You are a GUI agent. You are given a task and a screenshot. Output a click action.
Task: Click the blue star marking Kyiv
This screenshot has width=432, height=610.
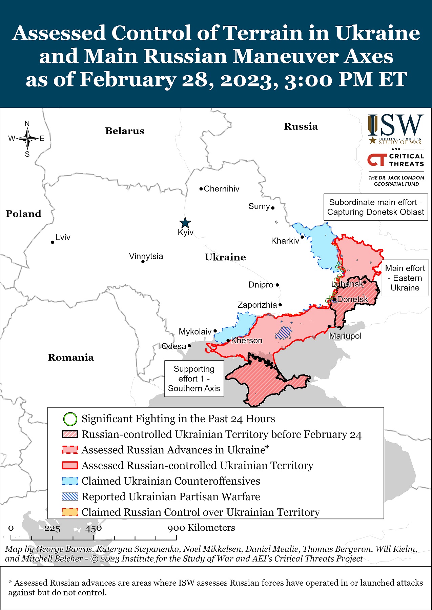click(185, 223)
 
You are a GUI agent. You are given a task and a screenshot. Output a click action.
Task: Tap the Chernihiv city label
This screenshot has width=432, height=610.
click(221, 189)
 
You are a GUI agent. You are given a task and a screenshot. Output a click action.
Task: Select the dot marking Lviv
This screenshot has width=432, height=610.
click(53, 242)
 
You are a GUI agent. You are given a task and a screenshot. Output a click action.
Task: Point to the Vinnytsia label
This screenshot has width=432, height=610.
click(146, 256)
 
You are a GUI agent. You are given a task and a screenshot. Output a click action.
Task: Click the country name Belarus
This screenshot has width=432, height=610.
click(125, 131)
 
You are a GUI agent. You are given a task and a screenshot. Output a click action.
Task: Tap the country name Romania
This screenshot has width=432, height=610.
click(71, 358)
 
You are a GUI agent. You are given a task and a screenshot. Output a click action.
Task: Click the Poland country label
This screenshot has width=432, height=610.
click(23, 214)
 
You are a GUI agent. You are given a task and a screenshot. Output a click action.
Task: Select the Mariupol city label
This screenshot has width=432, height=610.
click(345, 336)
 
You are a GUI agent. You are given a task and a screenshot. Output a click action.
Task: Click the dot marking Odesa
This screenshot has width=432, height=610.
click(189, 346)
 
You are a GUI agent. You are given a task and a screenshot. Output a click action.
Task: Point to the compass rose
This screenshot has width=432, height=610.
click(27, 139)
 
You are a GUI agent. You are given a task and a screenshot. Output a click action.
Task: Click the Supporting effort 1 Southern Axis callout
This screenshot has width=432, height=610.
click(194, 379)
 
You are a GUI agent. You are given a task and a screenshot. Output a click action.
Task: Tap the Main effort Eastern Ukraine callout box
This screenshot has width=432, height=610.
click(405, 278)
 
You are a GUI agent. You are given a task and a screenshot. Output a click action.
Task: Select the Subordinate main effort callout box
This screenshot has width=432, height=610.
click(375, 207)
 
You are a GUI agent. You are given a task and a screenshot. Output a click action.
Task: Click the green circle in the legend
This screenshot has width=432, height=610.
click(70, 419)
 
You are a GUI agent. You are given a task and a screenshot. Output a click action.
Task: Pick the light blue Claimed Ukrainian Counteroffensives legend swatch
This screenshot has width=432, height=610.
click(70, 481)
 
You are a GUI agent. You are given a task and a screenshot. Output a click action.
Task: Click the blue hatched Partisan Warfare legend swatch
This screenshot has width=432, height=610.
click(70, 496)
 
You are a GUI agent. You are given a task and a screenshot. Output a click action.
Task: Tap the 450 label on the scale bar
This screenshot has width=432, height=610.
click(94, 528)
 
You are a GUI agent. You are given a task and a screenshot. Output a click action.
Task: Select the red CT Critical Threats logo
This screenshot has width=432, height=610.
click(377, 160)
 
